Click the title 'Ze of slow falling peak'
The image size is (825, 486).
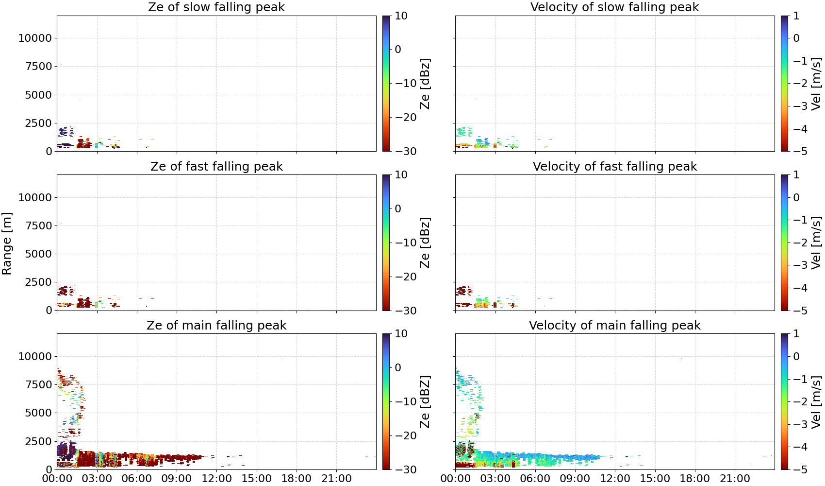(216, 7)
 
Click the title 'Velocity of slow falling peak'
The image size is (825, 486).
(614, 7)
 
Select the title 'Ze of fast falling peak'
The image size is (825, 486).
(216, 166)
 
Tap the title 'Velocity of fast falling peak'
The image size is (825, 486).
(615, 166)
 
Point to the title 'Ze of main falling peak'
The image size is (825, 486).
(216, 325)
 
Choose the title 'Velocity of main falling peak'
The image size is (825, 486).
(615, 325)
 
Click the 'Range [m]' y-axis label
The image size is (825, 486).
(7, 243)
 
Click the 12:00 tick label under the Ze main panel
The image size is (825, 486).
(216, 479)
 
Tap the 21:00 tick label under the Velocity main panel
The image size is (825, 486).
(735, 479)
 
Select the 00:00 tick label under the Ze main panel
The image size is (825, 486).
(57, 479)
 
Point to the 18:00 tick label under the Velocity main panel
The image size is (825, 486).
(694, 479)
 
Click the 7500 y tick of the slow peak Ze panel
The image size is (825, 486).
(38, 67)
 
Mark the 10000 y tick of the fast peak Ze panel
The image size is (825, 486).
(35, 197)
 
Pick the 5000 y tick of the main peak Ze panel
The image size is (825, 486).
(38, 413)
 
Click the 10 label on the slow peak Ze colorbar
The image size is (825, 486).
(401, 16)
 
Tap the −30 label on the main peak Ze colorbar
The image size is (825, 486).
(406, 469)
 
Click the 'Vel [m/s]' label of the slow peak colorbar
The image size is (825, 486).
(816, 83)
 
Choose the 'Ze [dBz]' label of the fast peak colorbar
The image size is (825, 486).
(425, 243)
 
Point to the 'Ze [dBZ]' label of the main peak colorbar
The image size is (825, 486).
(425, 401)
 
